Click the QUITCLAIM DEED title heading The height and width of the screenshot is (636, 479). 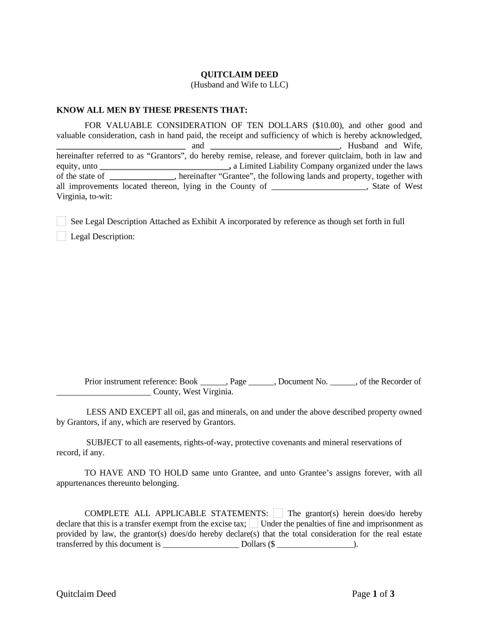239,75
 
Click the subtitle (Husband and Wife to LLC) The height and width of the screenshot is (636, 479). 239,85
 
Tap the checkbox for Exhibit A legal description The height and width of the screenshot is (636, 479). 61,221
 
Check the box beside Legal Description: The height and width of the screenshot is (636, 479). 61,236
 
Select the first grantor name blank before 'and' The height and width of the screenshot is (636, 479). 121,145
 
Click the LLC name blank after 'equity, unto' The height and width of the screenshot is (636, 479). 165,166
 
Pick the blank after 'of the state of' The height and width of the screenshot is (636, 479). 142,176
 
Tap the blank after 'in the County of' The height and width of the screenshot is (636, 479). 319,186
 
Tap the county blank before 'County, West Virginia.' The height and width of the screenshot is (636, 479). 103,392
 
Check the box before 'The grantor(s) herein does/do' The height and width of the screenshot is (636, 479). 278,513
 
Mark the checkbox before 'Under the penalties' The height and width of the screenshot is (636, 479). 253,524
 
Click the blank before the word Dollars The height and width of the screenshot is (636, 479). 200,544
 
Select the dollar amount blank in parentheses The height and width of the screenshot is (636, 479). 315,544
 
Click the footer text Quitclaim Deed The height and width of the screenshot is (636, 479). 86,594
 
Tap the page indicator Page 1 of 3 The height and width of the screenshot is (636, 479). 373,594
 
